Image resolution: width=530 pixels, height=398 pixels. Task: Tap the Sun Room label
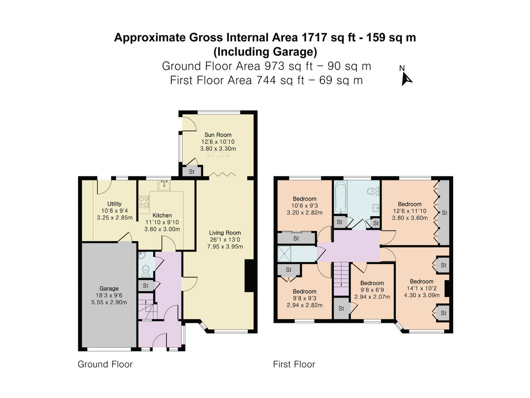tap(218, 135)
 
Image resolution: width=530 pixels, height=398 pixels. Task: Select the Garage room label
tap(109, 288)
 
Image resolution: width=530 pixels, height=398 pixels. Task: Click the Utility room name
tap(114, 204)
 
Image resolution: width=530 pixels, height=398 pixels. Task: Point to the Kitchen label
tap(162, 215)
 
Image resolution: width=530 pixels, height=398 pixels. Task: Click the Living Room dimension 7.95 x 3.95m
tap(225, 247)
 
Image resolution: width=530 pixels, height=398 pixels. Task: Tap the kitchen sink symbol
tap(164, 186)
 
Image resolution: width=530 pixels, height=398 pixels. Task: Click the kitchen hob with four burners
tap(144, 202)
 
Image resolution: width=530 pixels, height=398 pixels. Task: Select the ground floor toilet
tap(146, 272)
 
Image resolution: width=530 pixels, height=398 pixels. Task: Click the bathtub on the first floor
tap(341, 197)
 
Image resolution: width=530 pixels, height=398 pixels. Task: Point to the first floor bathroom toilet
tap(373, 191)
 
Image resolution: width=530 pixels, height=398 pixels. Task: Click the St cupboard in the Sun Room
tap(192, 172)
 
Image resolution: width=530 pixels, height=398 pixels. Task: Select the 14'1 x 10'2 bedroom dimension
tap(422, 288)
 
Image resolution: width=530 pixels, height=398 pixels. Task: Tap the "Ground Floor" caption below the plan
tap(105, 364)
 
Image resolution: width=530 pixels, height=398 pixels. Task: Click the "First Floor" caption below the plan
tap(294, 364)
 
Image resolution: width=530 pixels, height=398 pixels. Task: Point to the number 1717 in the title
tap(314, 38)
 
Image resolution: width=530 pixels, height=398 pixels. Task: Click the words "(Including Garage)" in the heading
tap(265, 52)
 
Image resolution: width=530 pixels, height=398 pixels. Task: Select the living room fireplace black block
tap(250, 276)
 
